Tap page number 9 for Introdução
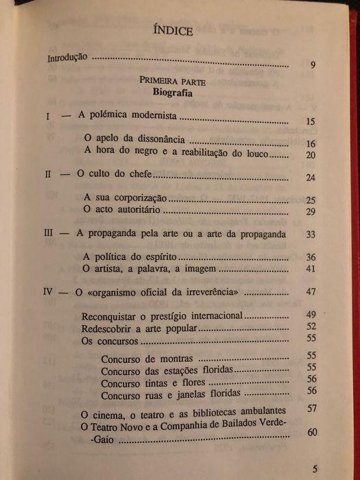click(x=312, y=65)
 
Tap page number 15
click(x=310, y=122)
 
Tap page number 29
click(x=310, y=213)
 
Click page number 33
click(x=310, y=235)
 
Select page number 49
click(x=311, y=315)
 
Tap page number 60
click(x=312, y=432)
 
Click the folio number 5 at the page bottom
click(x=315, y=470)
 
